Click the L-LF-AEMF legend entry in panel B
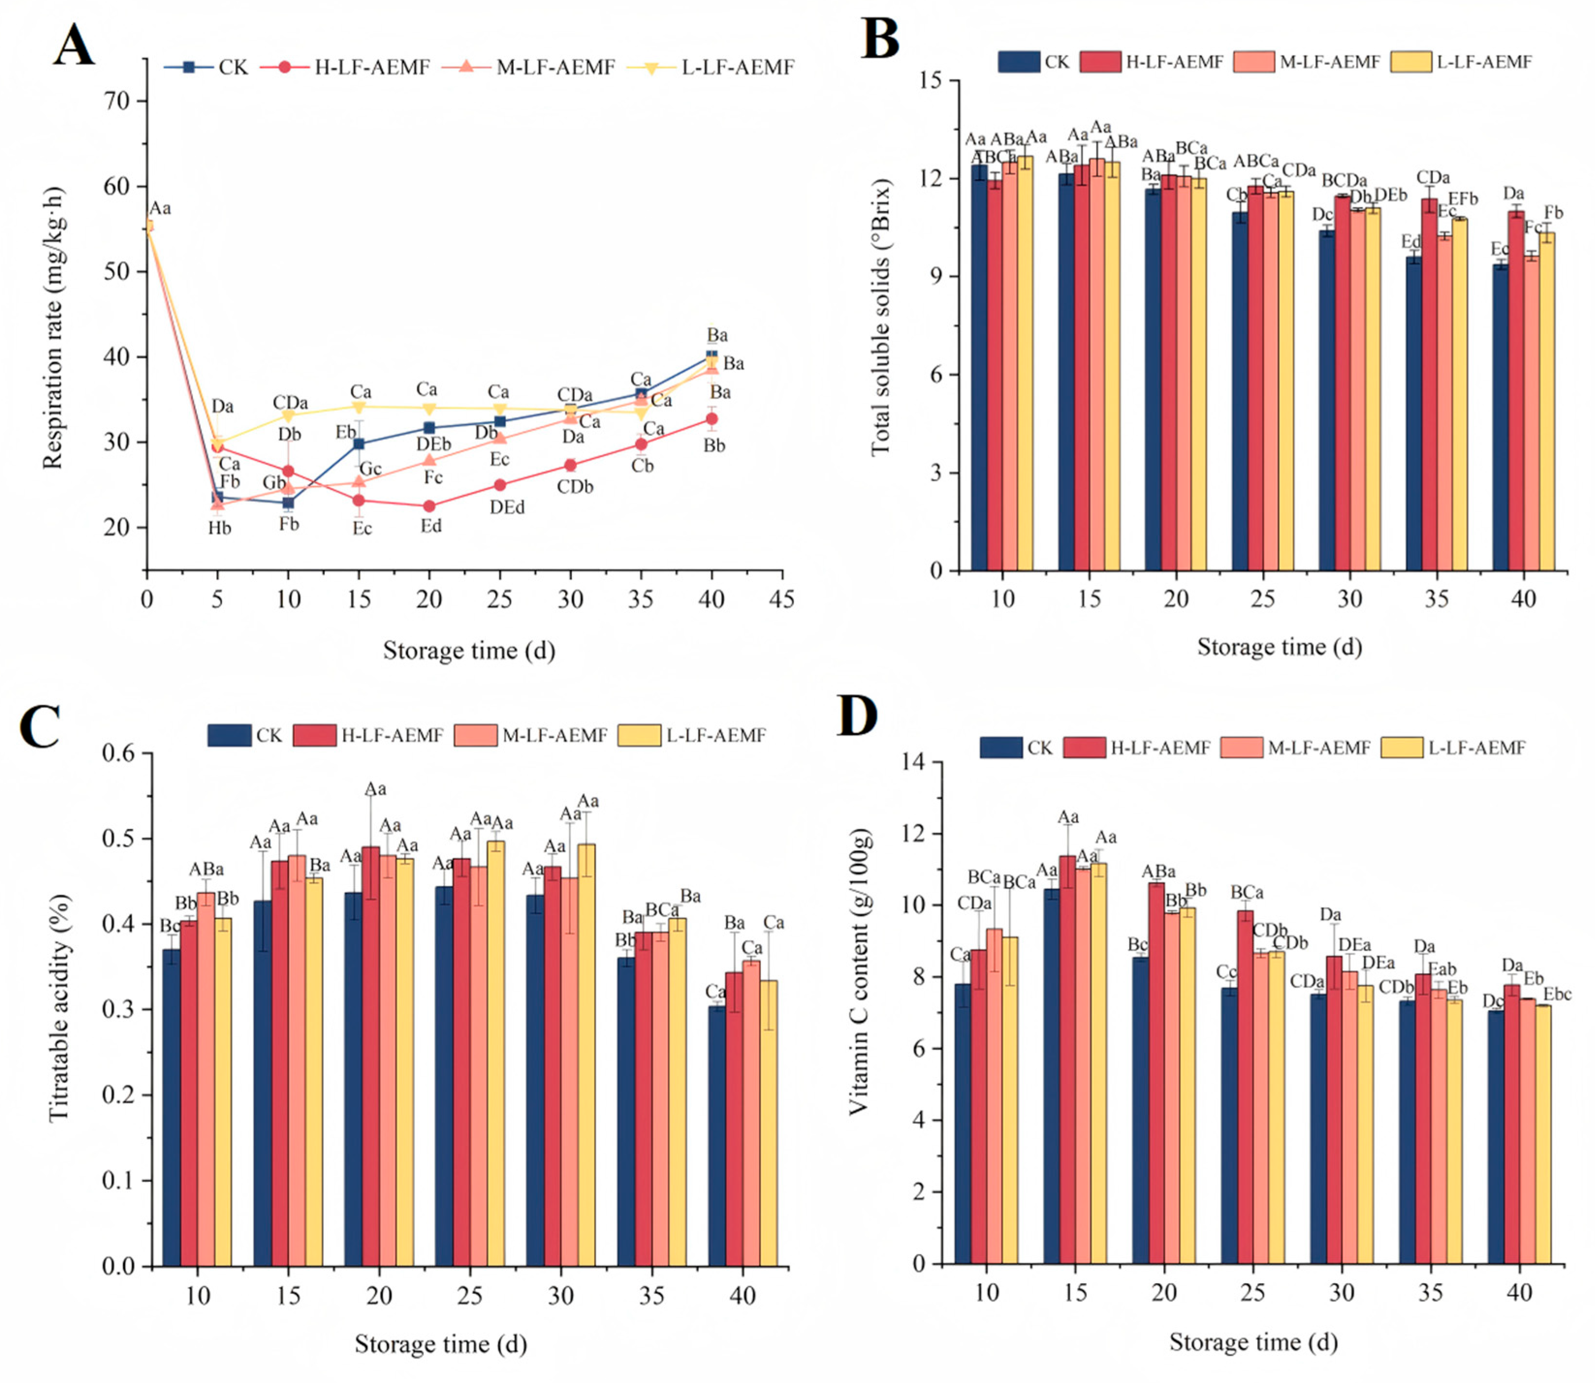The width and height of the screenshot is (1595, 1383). pyautogui.click(x=1461, y=62)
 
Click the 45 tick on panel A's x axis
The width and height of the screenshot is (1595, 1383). pyautogui.click(x=782, y=599)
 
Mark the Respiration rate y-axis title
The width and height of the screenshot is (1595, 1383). pyautogui.click(x=52, y=328)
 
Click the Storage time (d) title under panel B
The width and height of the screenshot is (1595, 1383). pyautogui.click(x=1279, y=647)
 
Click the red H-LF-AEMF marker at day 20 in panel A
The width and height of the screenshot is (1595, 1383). pyautogui.click(x=429, y=506)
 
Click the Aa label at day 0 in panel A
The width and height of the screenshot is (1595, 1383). pyautogui.click(x=160, y=208)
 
